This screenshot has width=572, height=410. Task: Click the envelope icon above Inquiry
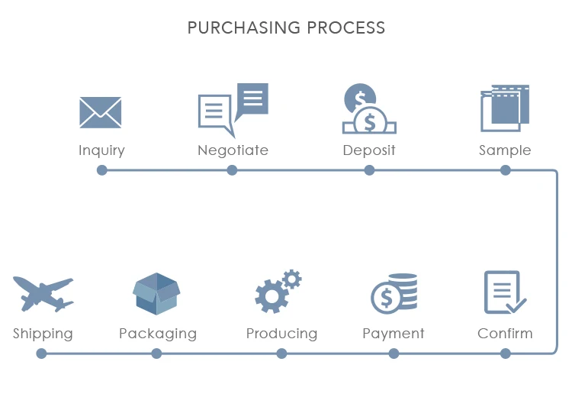pyautogui.click(x=101, y=112)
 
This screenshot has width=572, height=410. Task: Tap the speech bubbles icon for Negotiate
pyautogui.click(x=233, y=110)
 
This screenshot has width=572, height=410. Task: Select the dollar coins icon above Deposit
pyautogui.click(x=369, y=108)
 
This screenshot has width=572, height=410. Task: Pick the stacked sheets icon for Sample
pyautogui.click(x=505, y=108)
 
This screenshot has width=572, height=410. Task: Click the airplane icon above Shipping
pyautogui.click(x=43, y=294)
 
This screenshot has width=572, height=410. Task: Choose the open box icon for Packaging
pyautogui.click(x=156, y=293)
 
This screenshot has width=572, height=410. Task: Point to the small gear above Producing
pyautogui.click(x=292, y=279)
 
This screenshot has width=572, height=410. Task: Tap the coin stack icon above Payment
pyautogui.click(x=394, y=293)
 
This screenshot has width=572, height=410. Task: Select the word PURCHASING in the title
pyautogui.click(x=244, y=27)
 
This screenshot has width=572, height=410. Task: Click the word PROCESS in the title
pyautogui.click(x=345, y=27)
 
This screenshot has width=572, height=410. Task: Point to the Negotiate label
pyautogui.click(x=233, y=150)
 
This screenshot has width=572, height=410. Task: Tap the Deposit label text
pyautogui.click(x=369, y=150)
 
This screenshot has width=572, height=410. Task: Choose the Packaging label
pyautogui.click(x=158, y=334)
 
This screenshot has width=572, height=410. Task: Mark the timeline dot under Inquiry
pyautogui.click(x=102, y=170)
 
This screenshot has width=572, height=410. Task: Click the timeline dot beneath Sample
pyautogui.click(x=505, y=170)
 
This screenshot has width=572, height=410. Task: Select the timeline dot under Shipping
pyautogui.click(x=42, y=354)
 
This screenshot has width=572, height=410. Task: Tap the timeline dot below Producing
pyautogui.click(x=281, y=354)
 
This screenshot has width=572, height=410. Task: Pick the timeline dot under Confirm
pyautogui.click(x=505, y=354)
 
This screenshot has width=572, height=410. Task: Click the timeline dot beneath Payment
pyautogui.click(x=394, y=354)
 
